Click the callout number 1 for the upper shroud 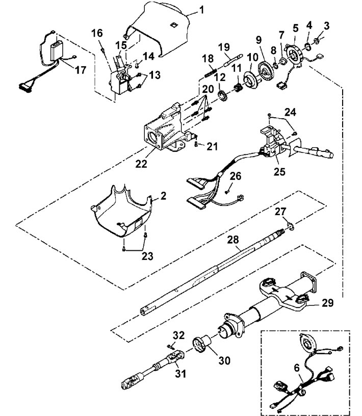[202, 10]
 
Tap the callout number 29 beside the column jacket [327, 303]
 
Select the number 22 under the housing [141, 164]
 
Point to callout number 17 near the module [81, 70]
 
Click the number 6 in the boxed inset [297, 368]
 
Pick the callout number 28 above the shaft [233, 240]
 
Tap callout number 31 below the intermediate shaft [180, 374]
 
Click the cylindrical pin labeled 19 [234, 61]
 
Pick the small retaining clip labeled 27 [291, 227]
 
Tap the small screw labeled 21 [196, 144]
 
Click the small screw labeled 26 [226, 192]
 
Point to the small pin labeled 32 [171, 346]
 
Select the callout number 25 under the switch [279, 171]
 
